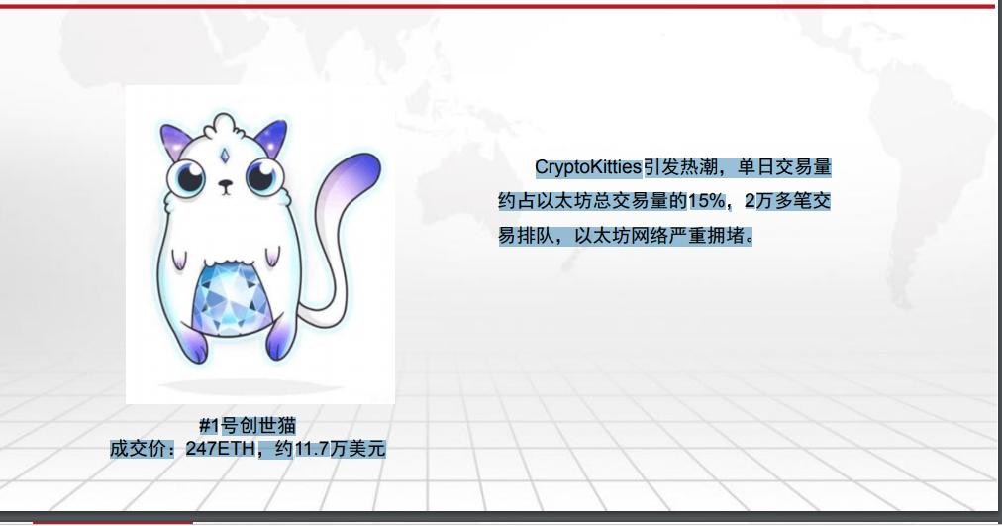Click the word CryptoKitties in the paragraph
588,166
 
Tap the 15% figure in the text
706,201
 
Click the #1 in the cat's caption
208,426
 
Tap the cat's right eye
261,178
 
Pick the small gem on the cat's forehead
225,155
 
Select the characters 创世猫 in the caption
266,426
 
